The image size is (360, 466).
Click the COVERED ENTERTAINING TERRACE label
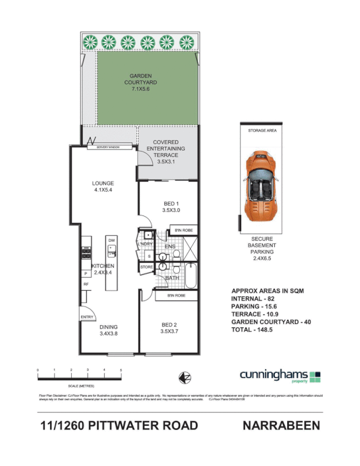[x=165, y=149]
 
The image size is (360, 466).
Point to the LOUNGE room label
[x=104, y=187]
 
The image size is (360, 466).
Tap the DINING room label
[x=108, y=330]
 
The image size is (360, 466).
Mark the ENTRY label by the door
[x=87, y=317]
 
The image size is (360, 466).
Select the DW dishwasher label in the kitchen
[x=111, y=240]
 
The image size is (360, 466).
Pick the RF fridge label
[x=86, y=284]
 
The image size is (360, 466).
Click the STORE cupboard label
[x=146, y=267]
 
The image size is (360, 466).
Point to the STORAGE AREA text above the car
[x=263, y=131]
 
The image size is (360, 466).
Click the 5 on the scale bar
[x=121, y=370]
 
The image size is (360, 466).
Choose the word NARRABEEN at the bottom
[x=281, y=426]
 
